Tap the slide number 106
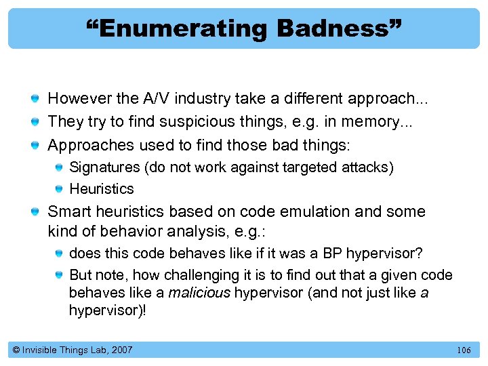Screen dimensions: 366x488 click(x=464, y=350)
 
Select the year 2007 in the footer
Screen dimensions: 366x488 click(x=121, y=350)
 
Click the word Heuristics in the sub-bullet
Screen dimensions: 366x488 click(x=102, y=188)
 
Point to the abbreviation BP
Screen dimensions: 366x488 click(x=331, y=253)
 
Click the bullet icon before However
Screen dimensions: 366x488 click(x=35, y=99)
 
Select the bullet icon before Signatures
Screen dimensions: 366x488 click(x=60, y=167)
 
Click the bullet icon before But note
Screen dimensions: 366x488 click(x=60, y=275)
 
